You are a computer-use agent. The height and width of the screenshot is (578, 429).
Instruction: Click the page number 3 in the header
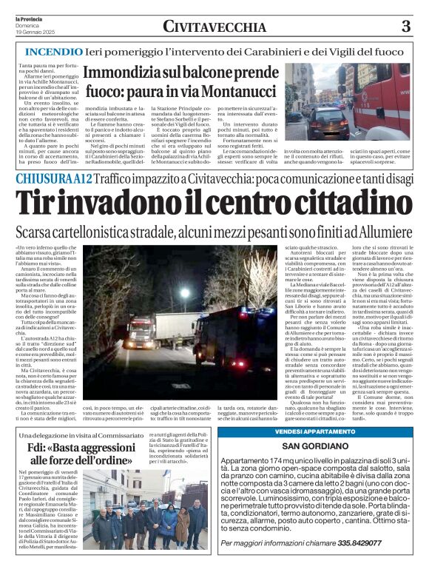coord(405,27)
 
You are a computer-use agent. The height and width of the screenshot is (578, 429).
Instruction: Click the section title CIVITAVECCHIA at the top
coord(214,27)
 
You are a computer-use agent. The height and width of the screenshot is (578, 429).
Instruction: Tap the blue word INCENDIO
coord(54,53)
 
